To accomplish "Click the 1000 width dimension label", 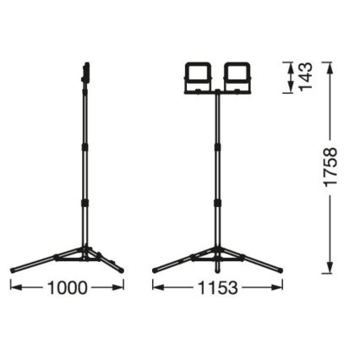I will (67, 288).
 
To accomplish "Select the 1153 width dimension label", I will (217, 288).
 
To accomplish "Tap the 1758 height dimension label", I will (330, 167).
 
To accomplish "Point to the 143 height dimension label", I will (306, 78).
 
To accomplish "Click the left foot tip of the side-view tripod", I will (14, 270).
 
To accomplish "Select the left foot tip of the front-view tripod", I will (155, 270).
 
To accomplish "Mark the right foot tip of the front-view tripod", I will (280, 270).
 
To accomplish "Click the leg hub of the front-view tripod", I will (217, 251).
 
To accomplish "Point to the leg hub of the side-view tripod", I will (85, 251).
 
